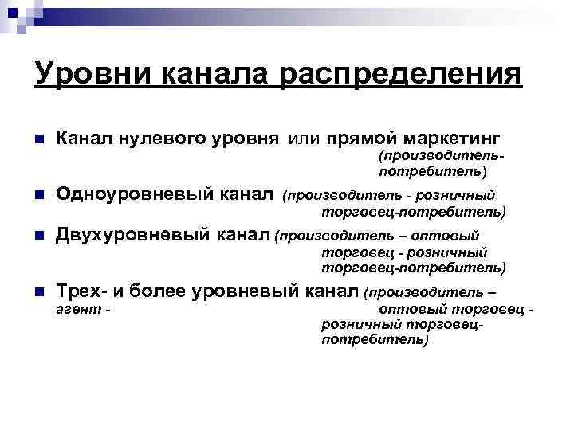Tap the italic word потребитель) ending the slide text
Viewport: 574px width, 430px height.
(x=374, y=340)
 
